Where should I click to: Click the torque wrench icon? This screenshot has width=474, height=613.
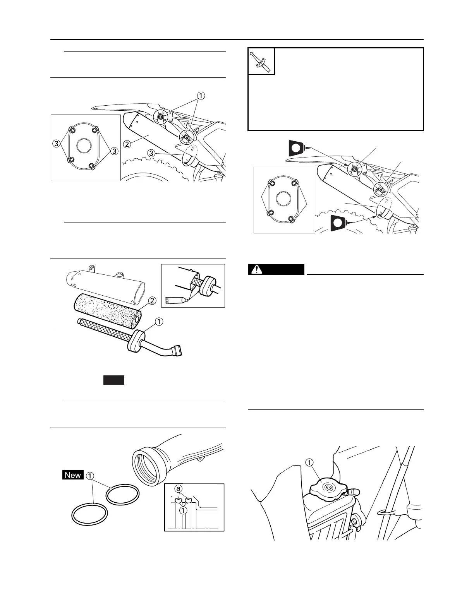pos(261,61)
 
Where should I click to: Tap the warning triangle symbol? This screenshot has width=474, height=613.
pos(255,269)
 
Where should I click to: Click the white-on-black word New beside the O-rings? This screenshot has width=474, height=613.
pos(73,475)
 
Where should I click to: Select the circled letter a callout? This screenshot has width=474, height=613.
pos(179,489)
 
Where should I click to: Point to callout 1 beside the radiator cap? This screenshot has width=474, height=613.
pos(309,462)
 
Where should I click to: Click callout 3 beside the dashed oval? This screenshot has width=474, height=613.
pos(151,154)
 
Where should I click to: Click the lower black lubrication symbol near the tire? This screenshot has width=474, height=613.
pos(338,223)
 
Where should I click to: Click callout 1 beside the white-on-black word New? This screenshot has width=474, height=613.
pos(90,475)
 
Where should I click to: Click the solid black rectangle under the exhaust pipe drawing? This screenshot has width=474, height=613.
pos(113,380)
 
